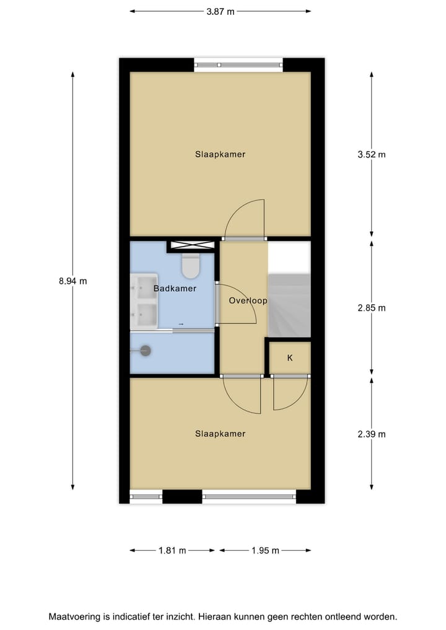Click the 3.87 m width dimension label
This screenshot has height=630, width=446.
(221, 11)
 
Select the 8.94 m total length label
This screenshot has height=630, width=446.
(72, 281)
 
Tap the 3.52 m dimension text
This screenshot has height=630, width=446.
(371, 154)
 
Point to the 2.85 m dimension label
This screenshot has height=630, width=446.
(371, 308)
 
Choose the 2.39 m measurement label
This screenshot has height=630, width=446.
(371, 434)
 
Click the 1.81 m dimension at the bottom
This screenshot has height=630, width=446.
(172, 550)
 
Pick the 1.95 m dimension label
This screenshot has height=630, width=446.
(265, 550)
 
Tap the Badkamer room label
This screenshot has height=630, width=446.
(175, 289)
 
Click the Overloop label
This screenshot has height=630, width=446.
(248, 301)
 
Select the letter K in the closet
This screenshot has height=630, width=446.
(289, 358)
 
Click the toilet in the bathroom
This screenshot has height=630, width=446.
(191, 266)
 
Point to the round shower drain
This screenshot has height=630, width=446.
(146, 351)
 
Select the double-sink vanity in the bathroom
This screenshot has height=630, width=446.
(144, 303)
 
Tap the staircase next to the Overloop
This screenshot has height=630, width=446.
(289, 305)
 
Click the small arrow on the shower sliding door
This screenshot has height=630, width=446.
(181, 324)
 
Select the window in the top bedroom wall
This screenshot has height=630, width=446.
(238, 64)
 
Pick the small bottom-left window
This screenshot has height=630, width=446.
(146, 496)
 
